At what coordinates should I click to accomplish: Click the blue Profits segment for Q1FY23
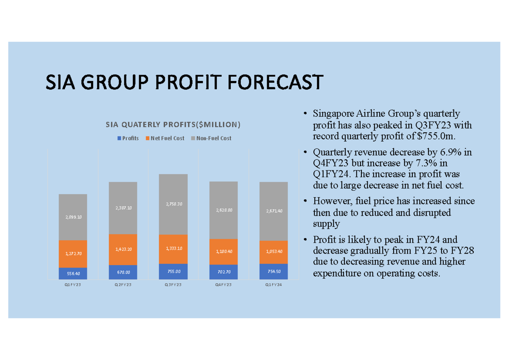coord(73,273)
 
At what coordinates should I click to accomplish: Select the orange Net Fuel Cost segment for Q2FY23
coord(123,249)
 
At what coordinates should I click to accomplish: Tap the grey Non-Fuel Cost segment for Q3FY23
coord(173,204)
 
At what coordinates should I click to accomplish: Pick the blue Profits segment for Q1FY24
coord(274,271)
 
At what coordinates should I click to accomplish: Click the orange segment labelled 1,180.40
coord(224,251)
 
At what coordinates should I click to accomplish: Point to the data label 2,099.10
coord(73,217)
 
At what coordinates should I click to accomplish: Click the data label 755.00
coord(173,272)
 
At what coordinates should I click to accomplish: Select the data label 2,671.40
coord(274,211)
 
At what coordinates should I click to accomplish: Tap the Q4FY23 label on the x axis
coord(224,285)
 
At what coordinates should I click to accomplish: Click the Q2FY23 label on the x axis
coord(123,285)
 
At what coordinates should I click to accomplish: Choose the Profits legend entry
coord(128,138)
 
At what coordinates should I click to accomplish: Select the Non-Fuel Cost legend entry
coord(211,138)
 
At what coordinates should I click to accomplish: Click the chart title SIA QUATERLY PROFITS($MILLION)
coord(173,125)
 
